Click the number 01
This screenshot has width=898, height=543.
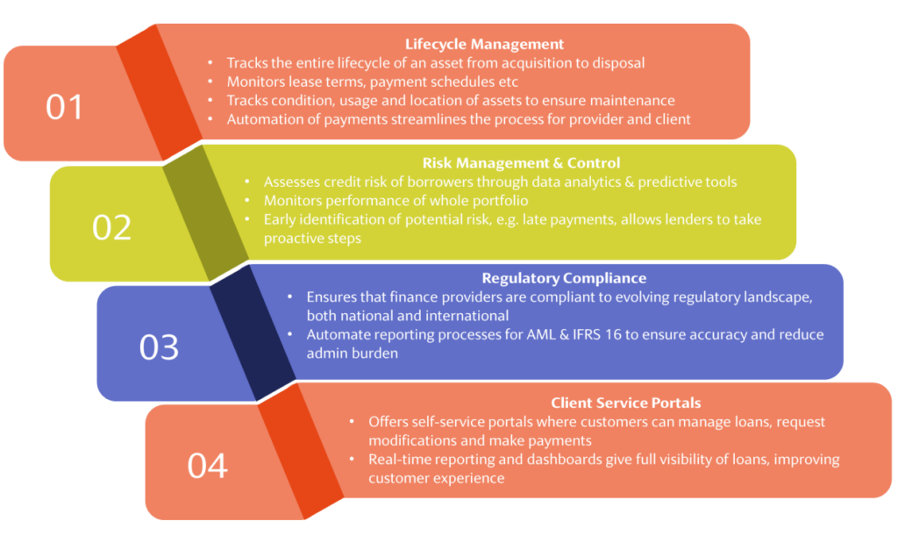click(65, 107)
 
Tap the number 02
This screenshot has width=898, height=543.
click(111, 227)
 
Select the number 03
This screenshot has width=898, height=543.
click(160, 347)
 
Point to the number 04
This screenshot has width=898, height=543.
click(207, 466)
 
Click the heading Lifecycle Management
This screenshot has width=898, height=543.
click(484, 44)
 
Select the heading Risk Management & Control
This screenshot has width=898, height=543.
click(521, 163)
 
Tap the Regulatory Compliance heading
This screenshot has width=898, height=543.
click(564, 278)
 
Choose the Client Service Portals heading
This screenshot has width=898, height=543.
click(626, 404)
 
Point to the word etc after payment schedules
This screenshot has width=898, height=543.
click(508, 82)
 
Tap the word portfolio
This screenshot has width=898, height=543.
click(500, 201)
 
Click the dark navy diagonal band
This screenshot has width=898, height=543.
click(253, 332)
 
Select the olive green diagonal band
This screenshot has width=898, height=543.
click(205, 213)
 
